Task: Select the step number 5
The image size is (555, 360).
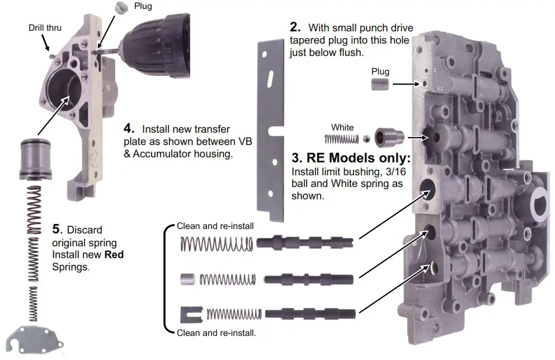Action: [x=56, y=229]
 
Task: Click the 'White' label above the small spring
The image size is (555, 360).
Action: [x=342, y=128]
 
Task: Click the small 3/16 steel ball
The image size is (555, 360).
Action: [x=365, y=139]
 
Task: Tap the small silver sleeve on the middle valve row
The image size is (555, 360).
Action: [x=187, y=278]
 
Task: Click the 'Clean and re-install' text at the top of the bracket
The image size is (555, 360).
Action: [x=215, y=227]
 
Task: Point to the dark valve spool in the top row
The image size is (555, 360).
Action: [x=304, y=245]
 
